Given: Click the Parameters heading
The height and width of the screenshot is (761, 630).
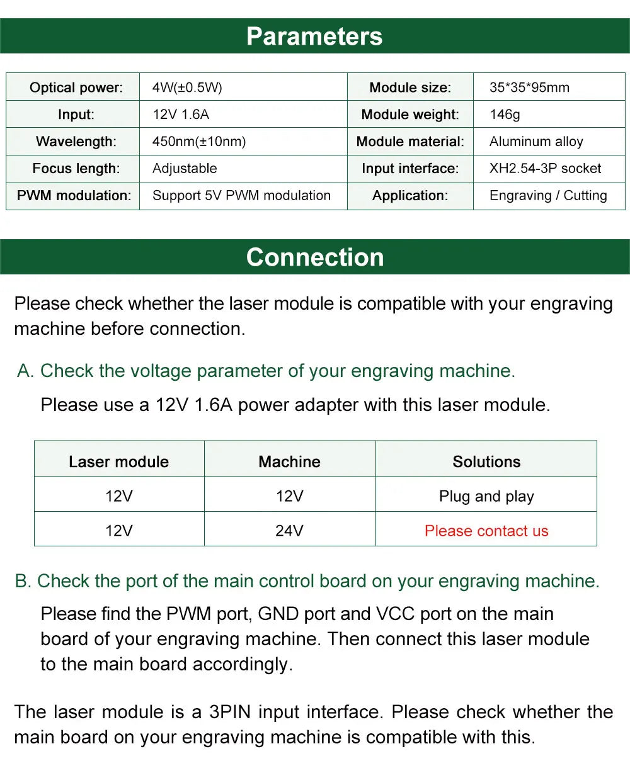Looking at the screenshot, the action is pyautogui.click(x=314, y=36).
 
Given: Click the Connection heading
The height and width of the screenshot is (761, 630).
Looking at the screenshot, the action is pyautogui.click(x=315, y=257).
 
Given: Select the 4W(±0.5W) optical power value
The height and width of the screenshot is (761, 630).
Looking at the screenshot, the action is pyautogui.click(x=187, y=87).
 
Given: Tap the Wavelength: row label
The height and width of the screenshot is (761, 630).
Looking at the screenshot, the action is pyautogui.click(x=76, y=142).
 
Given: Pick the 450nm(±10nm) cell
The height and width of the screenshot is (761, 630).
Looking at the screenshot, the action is pyautogui.click(x=199, y=142).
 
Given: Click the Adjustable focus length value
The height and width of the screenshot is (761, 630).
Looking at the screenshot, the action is pyautogui.click(x=185, y=169).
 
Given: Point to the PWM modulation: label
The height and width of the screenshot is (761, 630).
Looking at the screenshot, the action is pyautogui.click(x=74, y=196).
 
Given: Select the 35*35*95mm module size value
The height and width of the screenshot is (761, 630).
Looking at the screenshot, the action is pyautogui.click(x=529, y=87).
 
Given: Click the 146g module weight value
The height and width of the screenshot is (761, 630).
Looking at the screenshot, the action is pyautogui.click(x=505, y=115).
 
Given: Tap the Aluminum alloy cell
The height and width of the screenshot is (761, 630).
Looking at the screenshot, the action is pyautogui.click(x=536, y=142).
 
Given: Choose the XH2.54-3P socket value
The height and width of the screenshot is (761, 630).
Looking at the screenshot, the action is pyautogui.click(x=545, y=169).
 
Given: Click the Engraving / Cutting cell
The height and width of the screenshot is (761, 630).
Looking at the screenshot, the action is pyautogui.click(x=548, y=196).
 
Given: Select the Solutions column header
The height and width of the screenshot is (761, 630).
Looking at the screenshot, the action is pyautogui.click(x=486, y=462).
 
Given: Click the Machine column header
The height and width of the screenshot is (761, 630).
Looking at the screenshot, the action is pyautogui.click(x=290, y=462).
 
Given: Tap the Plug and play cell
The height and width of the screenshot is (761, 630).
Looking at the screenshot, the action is pyautogui.click(x=486, y=497).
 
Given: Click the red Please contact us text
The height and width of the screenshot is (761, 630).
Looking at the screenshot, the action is pyautogui.click(x=486, y=531).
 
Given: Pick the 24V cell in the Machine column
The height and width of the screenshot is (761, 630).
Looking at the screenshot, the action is pyautogui.click(x=289, y=531).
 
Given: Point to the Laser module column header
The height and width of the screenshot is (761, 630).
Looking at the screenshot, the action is pyautogui.click(x=119, y=462).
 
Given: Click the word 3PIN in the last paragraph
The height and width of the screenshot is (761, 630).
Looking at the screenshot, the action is pyautogui.click(x=230, y=712).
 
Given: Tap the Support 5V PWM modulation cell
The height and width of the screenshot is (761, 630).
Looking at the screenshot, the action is pyautogui.click(x=241, y=196).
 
